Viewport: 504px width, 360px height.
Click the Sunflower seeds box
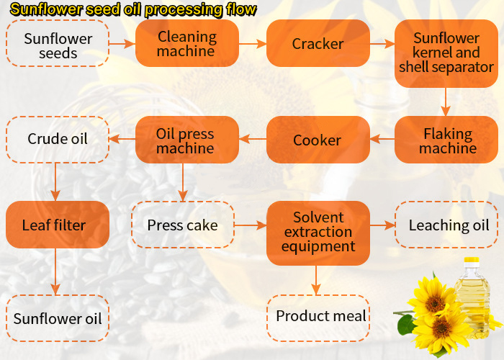tap(58, 43)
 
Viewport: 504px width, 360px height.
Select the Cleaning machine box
tap(186, 43)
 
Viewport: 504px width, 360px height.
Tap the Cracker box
tap(318, 43)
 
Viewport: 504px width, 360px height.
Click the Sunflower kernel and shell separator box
tap(446, 53)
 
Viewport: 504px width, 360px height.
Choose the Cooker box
tap(318, 140)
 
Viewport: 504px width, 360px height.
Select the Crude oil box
tap(58, 139)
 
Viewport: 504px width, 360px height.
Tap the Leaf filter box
tap(58, 225)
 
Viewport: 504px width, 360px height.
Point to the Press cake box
tap(183, 225)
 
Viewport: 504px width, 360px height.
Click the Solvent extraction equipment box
tap(318, 232)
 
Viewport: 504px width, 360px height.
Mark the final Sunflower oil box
tap(58, 318)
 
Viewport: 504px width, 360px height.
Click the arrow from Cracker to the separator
tap(382, 44)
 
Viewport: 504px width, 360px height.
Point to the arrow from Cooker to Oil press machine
tap(253, 140)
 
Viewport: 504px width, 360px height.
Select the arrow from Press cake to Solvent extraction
tap(250, 225)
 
